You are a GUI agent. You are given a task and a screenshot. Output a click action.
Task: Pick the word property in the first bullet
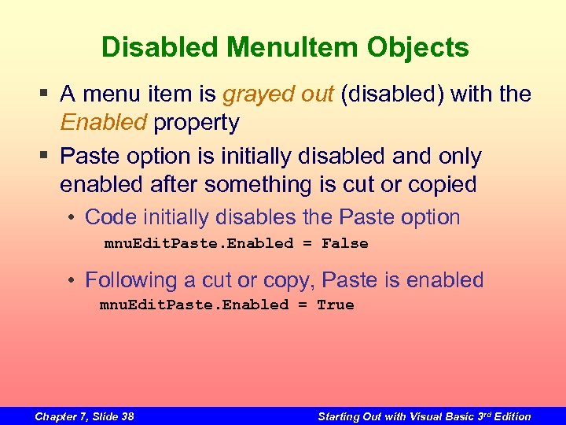(197, 123)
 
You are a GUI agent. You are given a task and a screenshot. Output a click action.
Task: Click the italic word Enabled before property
(104, 123)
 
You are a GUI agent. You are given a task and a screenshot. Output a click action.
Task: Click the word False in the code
(345, 244)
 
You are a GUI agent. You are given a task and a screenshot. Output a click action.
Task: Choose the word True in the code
(336, 305)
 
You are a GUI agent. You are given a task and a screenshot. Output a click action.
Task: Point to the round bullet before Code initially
(72, 218)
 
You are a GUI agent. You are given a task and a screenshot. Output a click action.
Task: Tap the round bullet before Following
(72, 280)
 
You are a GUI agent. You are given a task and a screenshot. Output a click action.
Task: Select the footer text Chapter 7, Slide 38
(84, 416)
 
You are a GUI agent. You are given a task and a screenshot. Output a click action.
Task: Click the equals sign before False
(307, 244)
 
